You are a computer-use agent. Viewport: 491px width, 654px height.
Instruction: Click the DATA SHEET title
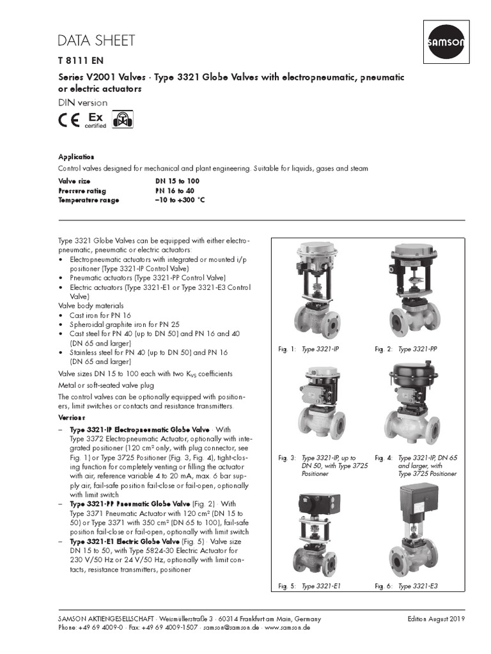(x=96, y=41)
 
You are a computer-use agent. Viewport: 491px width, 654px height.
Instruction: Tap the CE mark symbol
(x=70, y=121)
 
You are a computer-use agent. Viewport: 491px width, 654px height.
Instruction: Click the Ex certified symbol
(x=95, y=121)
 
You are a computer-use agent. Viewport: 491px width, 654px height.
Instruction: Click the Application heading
(x=76, y=156)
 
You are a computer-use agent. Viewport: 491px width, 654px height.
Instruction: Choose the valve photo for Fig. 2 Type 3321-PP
(x=414, y=291)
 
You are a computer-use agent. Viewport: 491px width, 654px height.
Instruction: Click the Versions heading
(x=72, y=416)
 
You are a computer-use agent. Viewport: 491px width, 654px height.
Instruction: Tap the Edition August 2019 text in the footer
(x=436, y=619)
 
